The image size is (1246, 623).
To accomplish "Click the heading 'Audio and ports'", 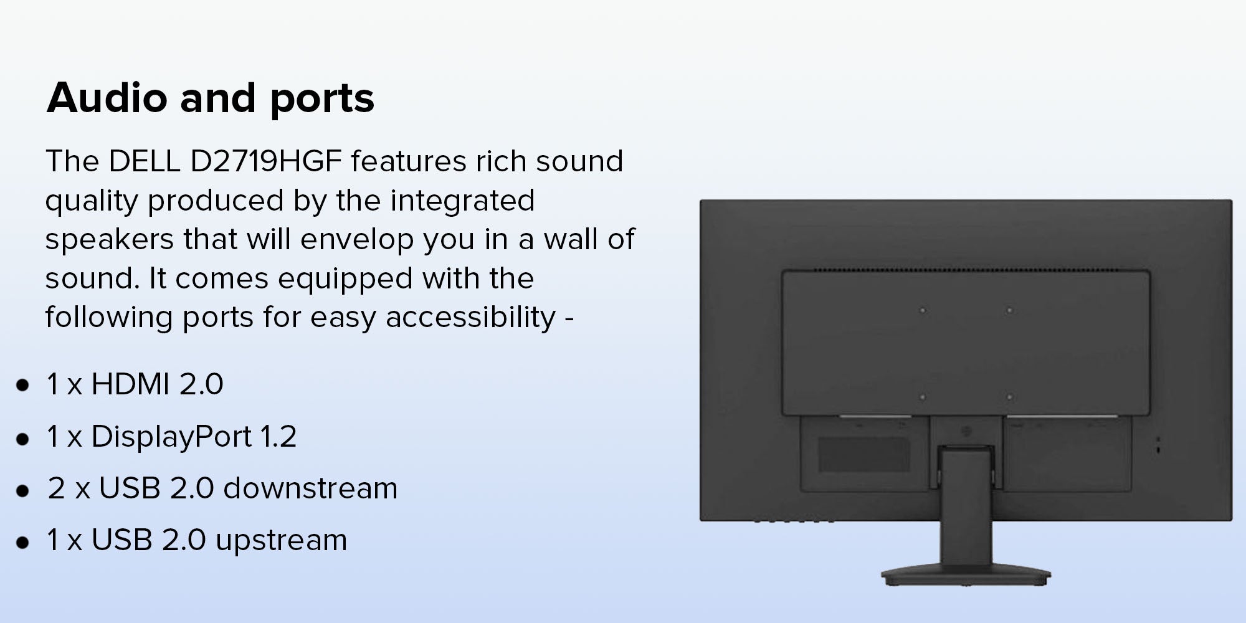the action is coord(211,98).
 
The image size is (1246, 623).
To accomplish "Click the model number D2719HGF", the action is coord(266,161).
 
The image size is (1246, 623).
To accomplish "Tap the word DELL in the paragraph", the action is coord(145,161).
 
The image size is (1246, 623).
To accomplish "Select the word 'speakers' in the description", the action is coord(109,240).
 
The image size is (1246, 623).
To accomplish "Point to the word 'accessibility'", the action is coord(470,317).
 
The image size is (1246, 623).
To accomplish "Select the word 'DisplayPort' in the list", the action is coord(171,437).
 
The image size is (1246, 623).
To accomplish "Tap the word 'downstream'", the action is coord(310,488).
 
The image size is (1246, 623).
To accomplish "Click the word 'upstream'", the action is coord(281,541).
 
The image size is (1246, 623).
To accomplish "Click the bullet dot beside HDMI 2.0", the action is coord(23,386).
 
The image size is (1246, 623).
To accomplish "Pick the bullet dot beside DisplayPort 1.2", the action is coord(23,439).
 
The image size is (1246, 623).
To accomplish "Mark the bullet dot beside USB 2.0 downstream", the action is coord(23,490).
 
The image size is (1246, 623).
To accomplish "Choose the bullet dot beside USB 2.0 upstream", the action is coord(23,542).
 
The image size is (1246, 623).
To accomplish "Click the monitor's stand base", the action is coord(966,576).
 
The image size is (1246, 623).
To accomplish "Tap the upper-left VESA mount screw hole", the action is coord(923,310).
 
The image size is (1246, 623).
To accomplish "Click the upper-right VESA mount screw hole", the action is coord(1009,310).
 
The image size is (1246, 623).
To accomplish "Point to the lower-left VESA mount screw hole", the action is coord(923,396).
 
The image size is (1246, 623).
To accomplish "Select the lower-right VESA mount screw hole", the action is coord(1009,396).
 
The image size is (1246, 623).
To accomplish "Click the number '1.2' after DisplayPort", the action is coord(278,437).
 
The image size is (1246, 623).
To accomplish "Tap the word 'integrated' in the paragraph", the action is coord(462,201).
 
